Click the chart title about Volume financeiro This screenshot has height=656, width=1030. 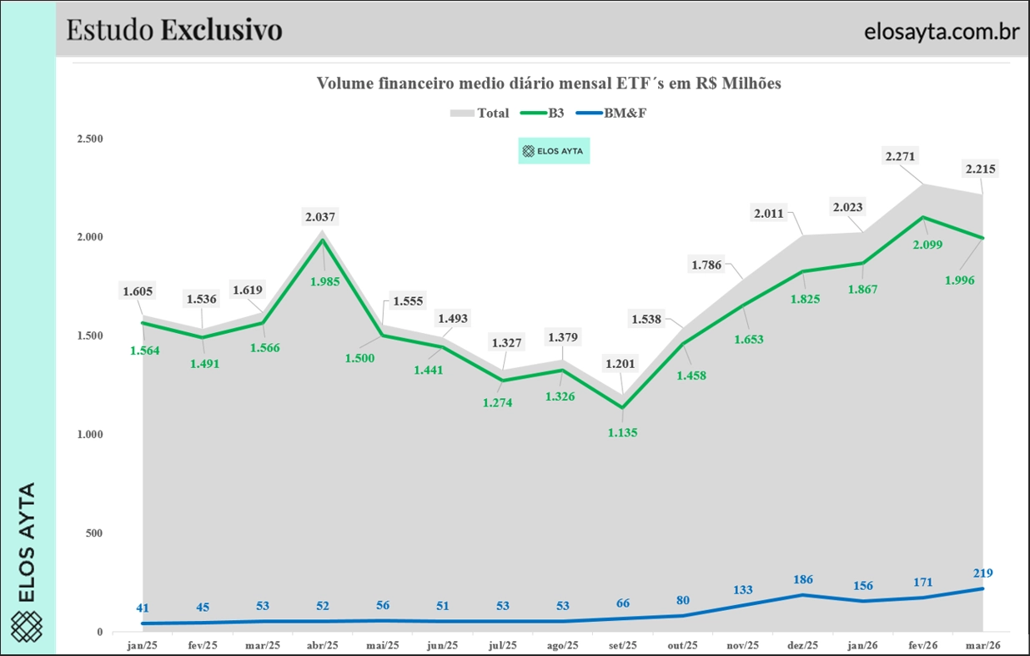coord(548,83)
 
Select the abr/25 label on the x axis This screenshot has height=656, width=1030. coord(322,645)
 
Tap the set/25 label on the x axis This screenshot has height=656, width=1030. coord(622,645)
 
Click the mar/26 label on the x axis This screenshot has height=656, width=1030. coord(982,645)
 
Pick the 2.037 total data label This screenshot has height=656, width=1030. coord(321,217)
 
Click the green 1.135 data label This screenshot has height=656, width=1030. coord(622,433)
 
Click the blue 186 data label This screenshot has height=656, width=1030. coord(802,579)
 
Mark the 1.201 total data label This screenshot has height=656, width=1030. coord(622,364)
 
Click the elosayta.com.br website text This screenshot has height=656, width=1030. coord(942,32)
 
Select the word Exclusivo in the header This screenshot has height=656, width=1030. coord(222,30)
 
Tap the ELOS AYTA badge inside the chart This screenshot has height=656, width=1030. coord(554,151)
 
